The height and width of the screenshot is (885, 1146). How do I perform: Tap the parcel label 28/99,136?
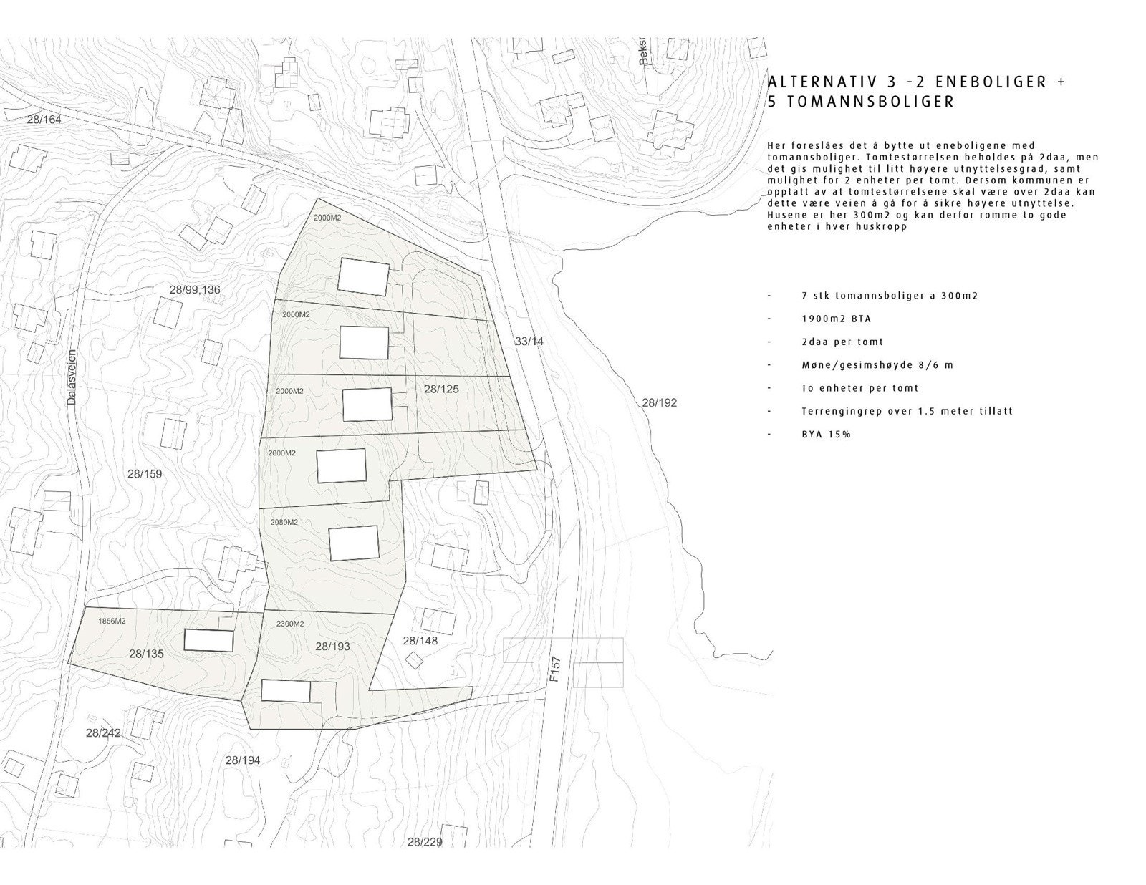[195, 290]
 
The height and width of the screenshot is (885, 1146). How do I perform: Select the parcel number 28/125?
[441, 390]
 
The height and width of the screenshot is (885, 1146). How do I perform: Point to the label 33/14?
[529, 342]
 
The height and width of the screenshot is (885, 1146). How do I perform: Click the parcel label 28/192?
[659, 403]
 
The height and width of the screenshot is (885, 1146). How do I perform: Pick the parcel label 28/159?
[145, 474]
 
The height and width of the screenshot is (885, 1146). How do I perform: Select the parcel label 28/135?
[147, 654]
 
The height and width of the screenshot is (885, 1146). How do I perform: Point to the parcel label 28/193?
[332, 646]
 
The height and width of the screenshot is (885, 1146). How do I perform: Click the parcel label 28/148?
[420, 641]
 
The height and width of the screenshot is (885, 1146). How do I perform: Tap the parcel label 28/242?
[103, 732]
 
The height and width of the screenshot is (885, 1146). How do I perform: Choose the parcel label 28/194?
[242, 760]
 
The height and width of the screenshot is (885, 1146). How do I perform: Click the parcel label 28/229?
[424, 842]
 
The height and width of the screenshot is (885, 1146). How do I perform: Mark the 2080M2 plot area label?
[284, 522]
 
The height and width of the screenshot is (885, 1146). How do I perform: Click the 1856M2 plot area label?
[112, 621]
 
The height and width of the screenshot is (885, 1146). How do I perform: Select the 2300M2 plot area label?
[290, 624]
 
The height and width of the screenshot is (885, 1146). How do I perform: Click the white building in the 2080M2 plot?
[354, 543]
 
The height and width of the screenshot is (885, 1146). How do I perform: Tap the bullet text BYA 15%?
[826, 435]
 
